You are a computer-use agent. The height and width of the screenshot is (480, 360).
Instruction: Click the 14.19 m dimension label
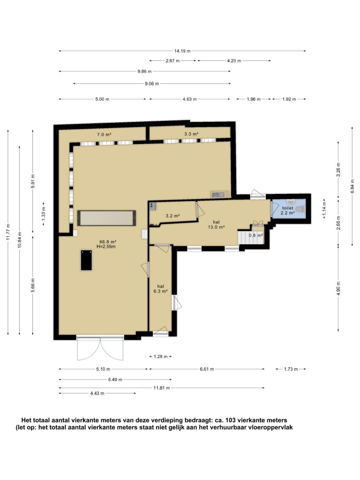coord(182,51)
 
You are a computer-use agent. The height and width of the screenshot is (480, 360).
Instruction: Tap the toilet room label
coord(287,208)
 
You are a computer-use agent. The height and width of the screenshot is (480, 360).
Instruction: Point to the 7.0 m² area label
coord(104,135)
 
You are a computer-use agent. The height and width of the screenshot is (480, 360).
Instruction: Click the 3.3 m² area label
coord(192,134)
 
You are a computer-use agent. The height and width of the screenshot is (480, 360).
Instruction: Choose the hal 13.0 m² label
coord(217,225)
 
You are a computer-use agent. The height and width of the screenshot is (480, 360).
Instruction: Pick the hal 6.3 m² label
coord(160,289)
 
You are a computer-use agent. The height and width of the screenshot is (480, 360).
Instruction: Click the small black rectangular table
coord(86,260)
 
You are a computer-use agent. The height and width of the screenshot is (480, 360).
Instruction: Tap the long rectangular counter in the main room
coord(106,218)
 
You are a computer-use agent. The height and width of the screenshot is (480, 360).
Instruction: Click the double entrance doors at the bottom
coord(100,348)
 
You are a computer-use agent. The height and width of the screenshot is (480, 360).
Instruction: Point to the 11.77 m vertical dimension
coord(8,232)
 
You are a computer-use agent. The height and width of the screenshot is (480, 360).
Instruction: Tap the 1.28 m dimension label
coord(160,357)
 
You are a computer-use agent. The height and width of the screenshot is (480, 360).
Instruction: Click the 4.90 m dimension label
coord(338,288)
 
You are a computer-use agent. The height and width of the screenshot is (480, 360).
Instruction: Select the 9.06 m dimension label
coord(152,83)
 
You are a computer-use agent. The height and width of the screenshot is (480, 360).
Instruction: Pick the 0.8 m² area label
coord(256,235)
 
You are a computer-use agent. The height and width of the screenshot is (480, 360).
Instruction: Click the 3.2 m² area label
coord(172,216)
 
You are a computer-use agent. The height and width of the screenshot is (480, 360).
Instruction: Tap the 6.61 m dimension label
coord(207,369)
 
